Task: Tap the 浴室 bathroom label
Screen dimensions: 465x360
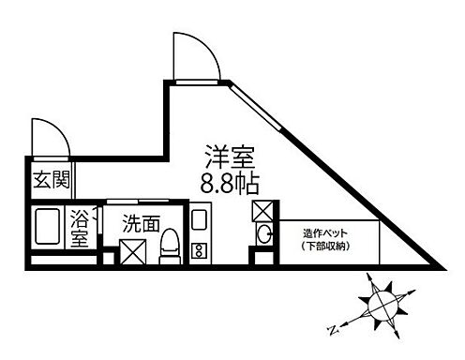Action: tap(80, 230)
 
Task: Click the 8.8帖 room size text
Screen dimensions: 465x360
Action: tap(230, 179)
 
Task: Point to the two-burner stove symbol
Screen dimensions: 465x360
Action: tap(199, 250)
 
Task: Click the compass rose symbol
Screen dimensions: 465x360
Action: tap(382, 305)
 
